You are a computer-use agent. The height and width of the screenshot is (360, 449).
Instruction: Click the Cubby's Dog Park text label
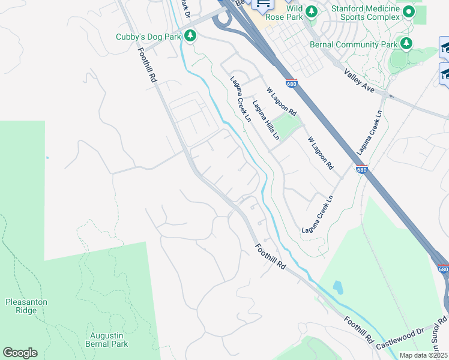tap(148, 37)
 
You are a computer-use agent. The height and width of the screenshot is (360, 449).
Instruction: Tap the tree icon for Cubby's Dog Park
tap(190, 37)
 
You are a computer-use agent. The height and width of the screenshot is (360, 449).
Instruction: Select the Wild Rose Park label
tap(286, 13)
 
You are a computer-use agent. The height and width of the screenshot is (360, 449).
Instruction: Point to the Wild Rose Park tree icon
tap(311, 11)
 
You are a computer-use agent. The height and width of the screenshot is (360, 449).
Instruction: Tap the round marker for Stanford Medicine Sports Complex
tap(409, 11)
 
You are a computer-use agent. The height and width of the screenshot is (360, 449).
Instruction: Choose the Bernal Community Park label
tap(354, 44)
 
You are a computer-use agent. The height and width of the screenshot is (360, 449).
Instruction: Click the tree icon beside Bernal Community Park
tap(406, 44)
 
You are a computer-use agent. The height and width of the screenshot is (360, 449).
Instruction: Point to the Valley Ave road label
tap(360, 80)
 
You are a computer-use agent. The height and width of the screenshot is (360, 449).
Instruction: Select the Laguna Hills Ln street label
tap(266, 120)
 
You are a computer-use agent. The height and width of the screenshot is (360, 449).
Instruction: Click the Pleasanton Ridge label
tap(26, 306)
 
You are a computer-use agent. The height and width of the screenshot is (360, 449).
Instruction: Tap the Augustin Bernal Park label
tap(108, 340)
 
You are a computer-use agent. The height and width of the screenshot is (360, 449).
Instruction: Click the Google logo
tap(20, 353)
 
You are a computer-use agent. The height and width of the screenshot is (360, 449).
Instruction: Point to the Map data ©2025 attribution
tap(423, 355)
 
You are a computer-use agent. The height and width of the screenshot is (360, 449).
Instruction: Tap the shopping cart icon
tap(262, 4)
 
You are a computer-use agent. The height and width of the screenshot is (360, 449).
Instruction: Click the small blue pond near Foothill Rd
tap(338, 287)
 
